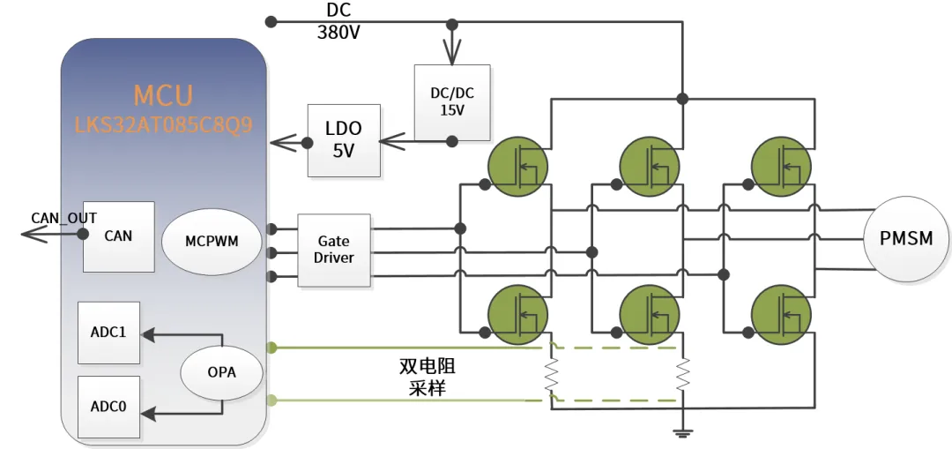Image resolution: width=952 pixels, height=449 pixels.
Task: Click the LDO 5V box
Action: point(345,140)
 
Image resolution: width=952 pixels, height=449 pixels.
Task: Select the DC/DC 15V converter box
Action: point(451,102)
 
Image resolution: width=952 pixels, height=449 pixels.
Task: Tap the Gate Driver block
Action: point(334,250)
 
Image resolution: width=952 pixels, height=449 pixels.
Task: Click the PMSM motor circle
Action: point(906,238)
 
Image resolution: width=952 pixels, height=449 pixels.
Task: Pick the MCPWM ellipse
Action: point(212,241)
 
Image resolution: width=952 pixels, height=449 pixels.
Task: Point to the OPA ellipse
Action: point(221,373)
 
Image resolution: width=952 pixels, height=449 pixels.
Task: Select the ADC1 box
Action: point(108,333)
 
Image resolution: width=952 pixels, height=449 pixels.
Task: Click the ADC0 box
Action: point(108,407)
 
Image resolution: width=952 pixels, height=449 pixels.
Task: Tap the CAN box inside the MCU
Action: point(118,236)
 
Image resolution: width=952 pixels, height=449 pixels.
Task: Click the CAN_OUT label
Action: point(63,218)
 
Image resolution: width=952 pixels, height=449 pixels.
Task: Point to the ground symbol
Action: point(683,432)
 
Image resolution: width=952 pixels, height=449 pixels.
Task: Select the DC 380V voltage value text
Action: point(338,32)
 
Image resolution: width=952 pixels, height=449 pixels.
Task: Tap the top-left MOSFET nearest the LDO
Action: point(518,166)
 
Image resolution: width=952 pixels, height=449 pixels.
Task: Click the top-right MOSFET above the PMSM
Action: point(781,166)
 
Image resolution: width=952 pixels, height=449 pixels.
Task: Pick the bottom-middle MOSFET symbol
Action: point(650,315)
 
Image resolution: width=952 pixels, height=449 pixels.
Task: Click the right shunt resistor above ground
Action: point(683,375)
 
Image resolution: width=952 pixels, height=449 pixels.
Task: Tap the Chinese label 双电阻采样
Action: point(428,377)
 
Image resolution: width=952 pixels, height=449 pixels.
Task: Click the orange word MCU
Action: point(163,95)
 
